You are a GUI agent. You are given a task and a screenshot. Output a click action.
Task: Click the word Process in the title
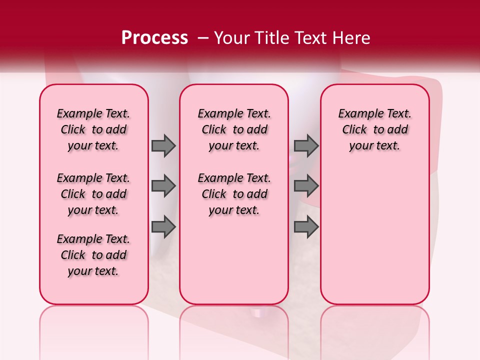pyautogui.click(x=154, y=37)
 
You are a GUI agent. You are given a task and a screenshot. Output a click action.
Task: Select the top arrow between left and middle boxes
pyautogui.click(x=163, y=145)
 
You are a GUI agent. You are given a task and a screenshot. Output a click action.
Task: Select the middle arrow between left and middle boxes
pyautogui.click(x=163, y=186)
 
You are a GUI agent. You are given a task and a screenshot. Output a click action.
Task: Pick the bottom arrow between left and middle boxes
pyautogui.click(x=163, y=227)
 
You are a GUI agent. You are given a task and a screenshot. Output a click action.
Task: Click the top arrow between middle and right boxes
pyautogui.click(x=306, y=145)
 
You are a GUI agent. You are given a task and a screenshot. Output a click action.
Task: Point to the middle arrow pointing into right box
pyautogui.click(x=306, y=186)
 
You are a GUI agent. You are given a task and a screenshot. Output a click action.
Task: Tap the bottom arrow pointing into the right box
pyautogui.click(x=306, y=227)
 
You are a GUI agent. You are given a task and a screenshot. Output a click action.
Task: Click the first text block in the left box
pyautogui.click(x=93, y=129)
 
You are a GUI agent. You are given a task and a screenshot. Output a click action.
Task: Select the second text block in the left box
pyautogui.click(x=93, y=194)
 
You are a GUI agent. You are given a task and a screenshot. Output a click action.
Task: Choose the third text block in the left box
pyautogui.click(x=93, y=255)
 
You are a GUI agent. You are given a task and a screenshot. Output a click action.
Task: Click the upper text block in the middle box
pyautogui.click(x=234, y=129)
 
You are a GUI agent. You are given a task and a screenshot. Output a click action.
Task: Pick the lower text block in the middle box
pyautogui.click(x=234, y=194)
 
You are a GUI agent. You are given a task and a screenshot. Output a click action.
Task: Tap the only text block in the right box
pyautogui.click(x=375, y=129)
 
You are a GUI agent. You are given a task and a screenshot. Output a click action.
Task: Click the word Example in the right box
pyautogui.click(x=357, y=114)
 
